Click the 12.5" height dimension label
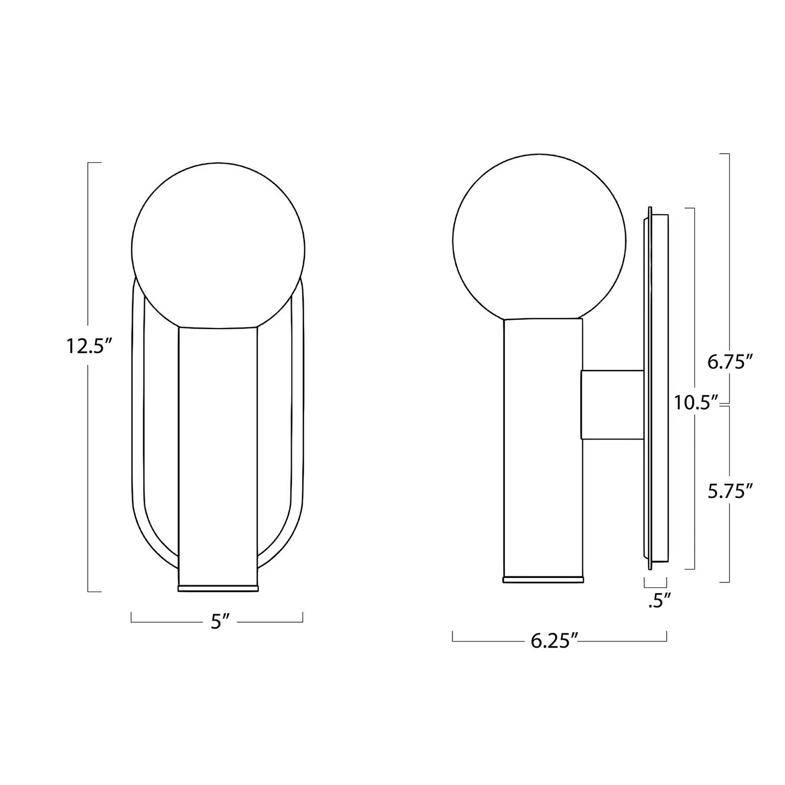89,346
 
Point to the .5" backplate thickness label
660,601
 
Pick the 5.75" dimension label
730,491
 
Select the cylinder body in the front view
218,451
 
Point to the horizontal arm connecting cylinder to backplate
612,405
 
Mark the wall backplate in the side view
656,388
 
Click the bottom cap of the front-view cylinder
218,588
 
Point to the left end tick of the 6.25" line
453,636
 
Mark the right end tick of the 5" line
303,617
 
